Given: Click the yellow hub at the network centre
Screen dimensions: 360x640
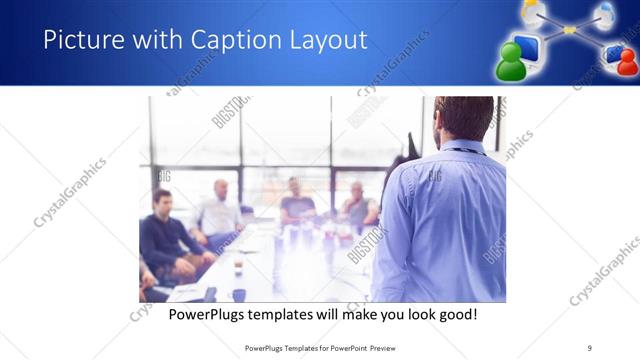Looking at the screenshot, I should pos(569,30).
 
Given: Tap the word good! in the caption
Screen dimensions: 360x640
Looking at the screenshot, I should pos(456,314).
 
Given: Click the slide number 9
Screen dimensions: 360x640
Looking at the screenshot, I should pos(590,348).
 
